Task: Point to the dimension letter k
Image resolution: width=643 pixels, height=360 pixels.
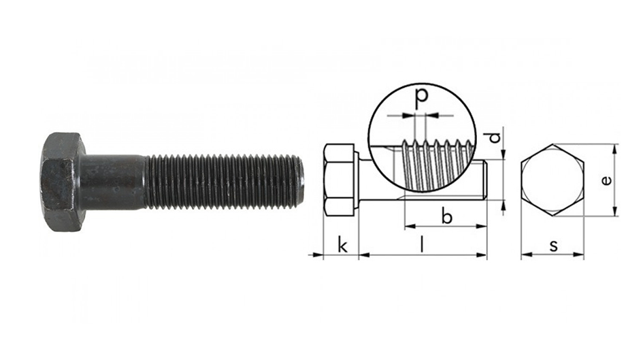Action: (x=342, y=245)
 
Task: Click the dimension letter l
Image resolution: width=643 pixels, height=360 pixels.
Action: (x=423, y=245)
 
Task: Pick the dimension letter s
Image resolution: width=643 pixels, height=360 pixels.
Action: (x=554, y=246)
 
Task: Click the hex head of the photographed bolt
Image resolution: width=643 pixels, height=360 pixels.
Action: (x=63, y=182)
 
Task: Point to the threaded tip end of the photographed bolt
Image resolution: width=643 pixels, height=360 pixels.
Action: (x=300, y=182)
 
